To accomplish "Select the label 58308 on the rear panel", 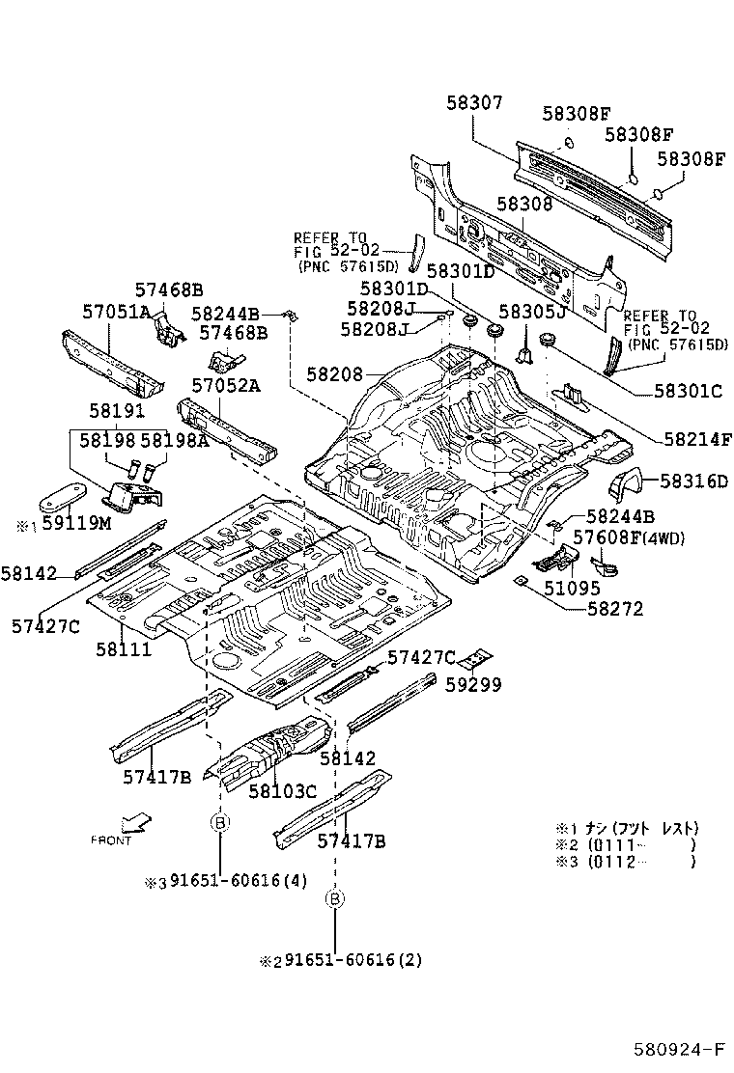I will tap(524, 205).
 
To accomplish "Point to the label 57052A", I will tap(225, 385).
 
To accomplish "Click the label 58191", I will tap(117, 410).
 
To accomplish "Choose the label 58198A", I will tap(175, 440).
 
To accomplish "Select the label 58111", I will tap(123, 649).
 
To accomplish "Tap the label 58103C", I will tap(282, 791).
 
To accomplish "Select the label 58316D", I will tap(693, 481).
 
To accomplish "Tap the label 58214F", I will tap(697, 439).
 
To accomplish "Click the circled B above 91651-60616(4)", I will tap(219, 822).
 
